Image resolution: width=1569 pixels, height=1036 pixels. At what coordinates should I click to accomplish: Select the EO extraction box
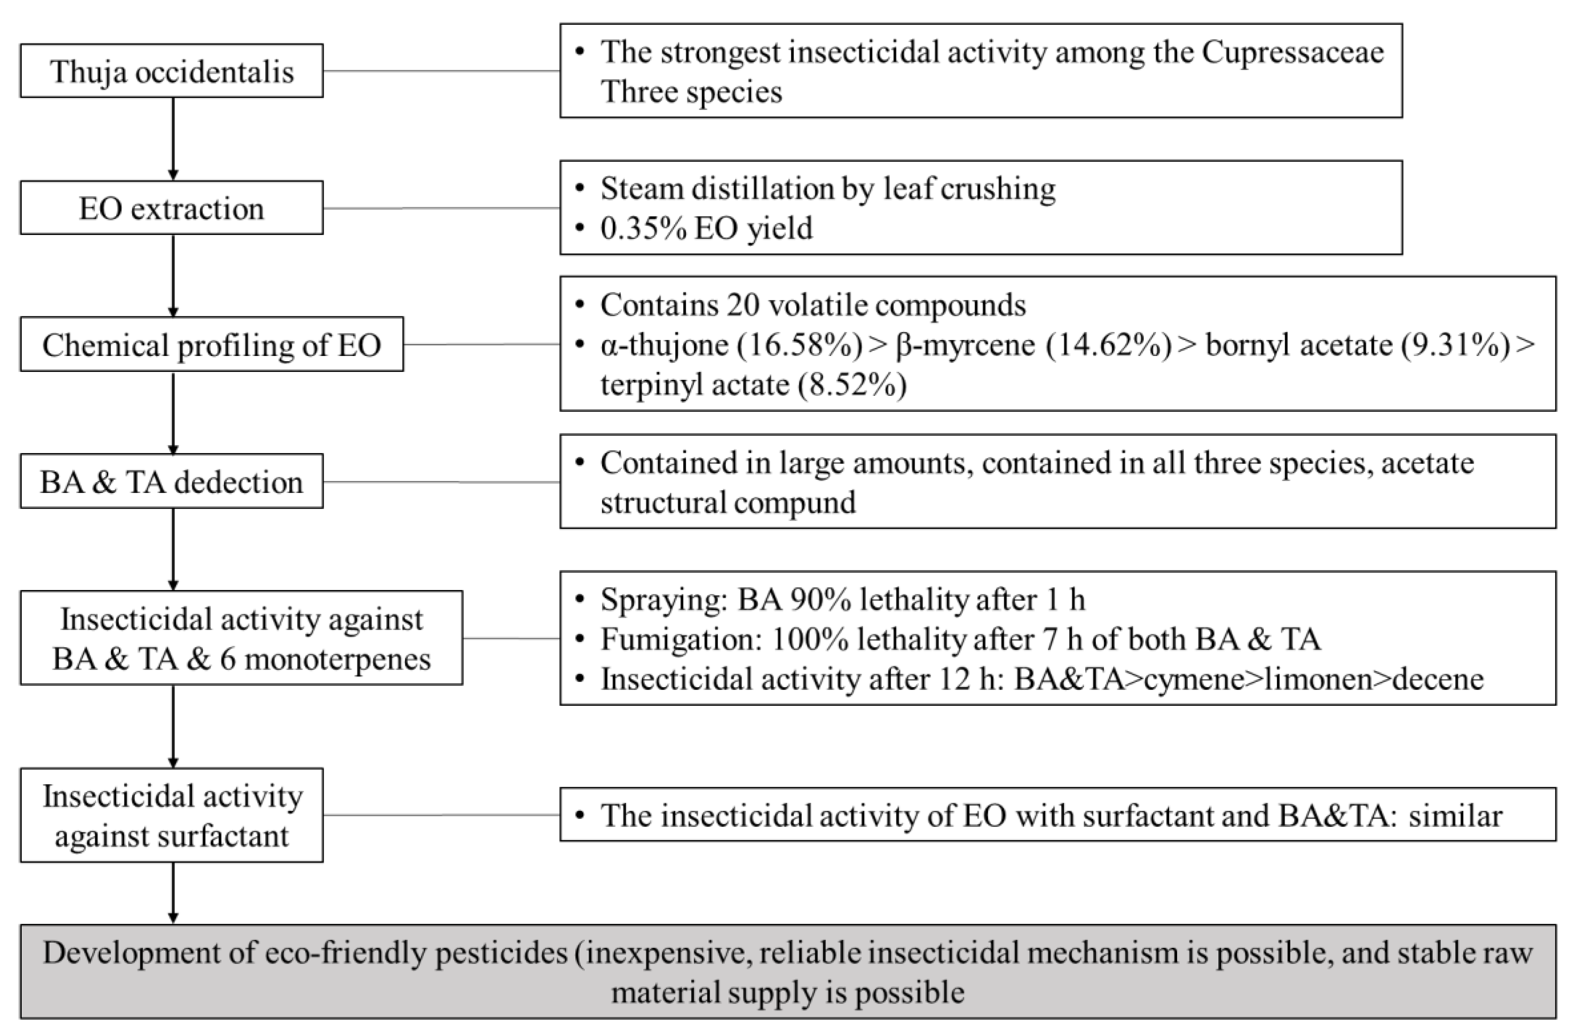point(172,208)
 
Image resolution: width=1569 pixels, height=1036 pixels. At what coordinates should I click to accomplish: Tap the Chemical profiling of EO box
point(211,345)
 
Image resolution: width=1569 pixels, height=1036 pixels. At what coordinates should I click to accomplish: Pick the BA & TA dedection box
point(172,482)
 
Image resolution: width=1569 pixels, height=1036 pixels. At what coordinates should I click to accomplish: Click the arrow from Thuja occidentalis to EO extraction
point(173,139)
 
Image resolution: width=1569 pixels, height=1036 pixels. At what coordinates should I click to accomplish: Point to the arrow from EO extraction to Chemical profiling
point(173,276)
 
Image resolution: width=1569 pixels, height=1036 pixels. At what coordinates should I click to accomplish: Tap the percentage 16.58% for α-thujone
point(799,345)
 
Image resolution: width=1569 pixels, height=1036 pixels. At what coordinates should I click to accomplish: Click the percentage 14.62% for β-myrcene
point(1108,345)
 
